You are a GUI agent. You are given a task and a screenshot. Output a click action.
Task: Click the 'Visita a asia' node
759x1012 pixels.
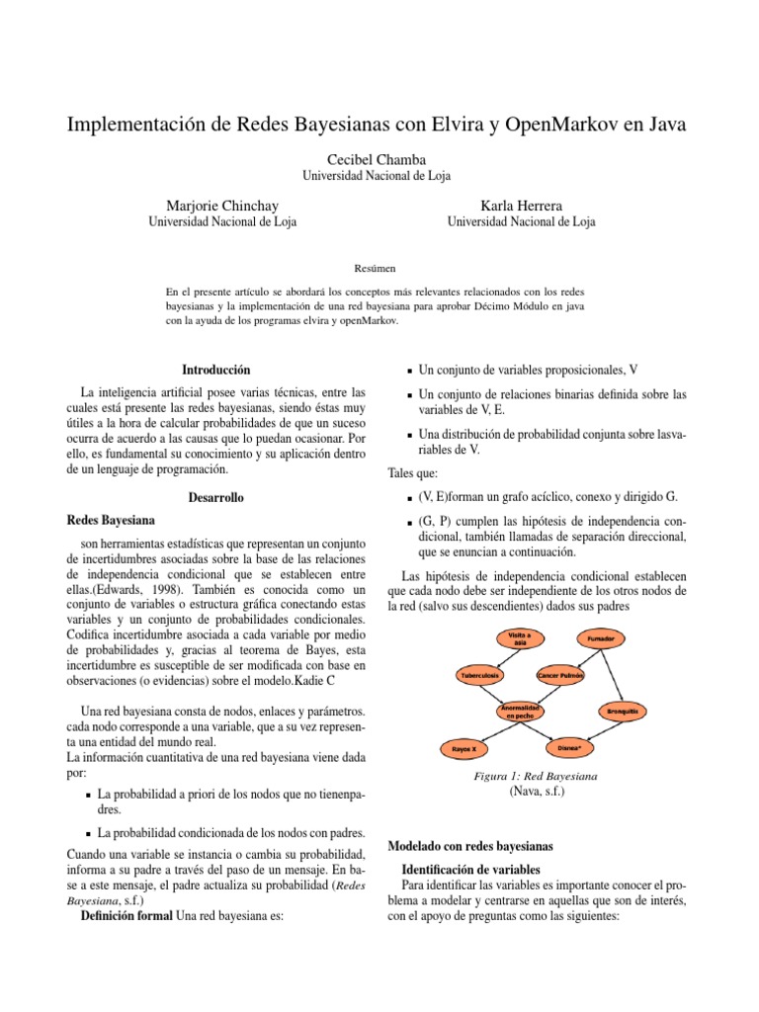(x=520, y=637)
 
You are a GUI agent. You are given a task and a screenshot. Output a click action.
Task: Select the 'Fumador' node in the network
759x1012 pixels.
(x=601, y=639)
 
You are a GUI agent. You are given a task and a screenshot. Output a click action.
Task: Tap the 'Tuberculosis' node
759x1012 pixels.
(x=479, y=676)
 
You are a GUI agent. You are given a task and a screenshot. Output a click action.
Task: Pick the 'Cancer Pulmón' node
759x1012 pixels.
(x=560, y=676)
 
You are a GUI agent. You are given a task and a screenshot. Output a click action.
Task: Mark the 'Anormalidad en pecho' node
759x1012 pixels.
(x=519, y=711)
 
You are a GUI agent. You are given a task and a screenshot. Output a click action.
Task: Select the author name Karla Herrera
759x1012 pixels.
(x=521, y=205)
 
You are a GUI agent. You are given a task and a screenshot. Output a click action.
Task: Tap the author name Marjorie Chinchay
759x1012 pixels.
(x=221, y=205)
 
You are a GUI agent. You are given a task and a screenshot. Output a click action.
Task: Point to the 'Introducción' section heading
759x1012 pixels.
(x=218, y=369)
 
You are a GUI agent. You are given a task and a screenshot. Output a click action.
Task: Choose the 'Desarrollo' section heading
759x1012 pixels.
(x=218, y=496)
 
